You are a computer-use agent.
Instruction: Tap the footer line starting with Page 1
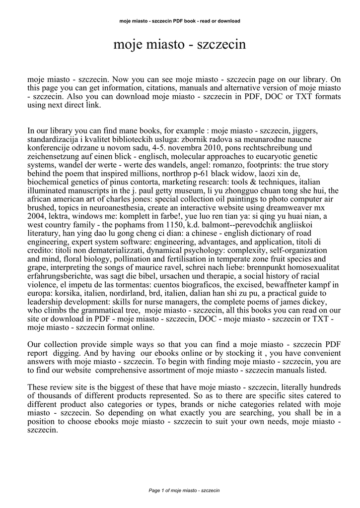180,491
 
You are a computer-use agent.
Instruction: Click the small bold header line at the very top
180,21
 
